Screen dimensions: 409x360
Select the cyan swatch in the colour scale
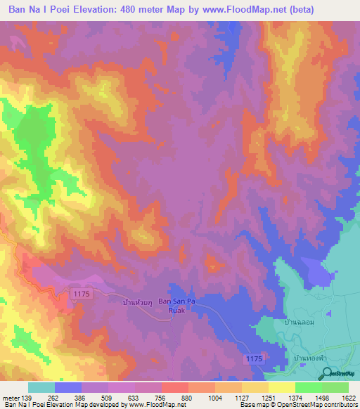[x=41, y=387]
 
